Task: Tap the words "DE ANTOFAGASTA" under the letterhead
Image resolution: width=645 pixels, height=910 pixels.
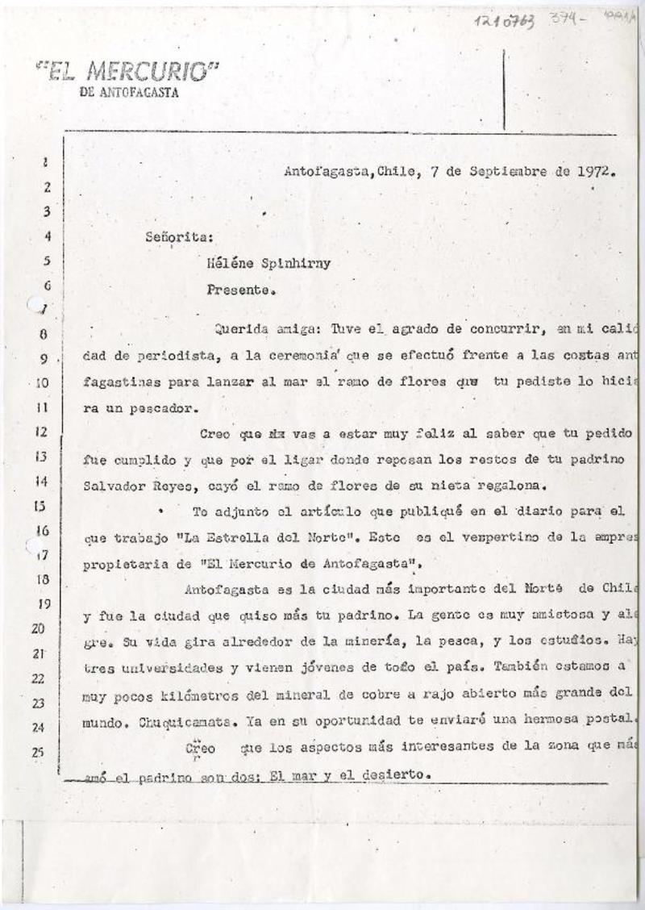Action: pyautogui.click(x=130, y=92)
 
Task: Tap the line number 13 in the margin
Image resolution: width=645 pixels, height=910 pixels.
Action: pyautogui.click(x=42, y=457)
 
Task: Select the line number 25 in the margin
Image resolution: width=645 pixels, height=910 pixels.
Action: pyautogui.click(x=40, y=753)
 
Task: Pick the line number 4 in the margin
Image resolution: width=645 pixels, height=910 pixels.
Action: pyautogui.click(x=46, y=237)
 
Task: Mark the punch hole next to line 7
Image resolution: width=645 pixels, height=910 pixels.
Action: pyautogui.click(x=35, y=305)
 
